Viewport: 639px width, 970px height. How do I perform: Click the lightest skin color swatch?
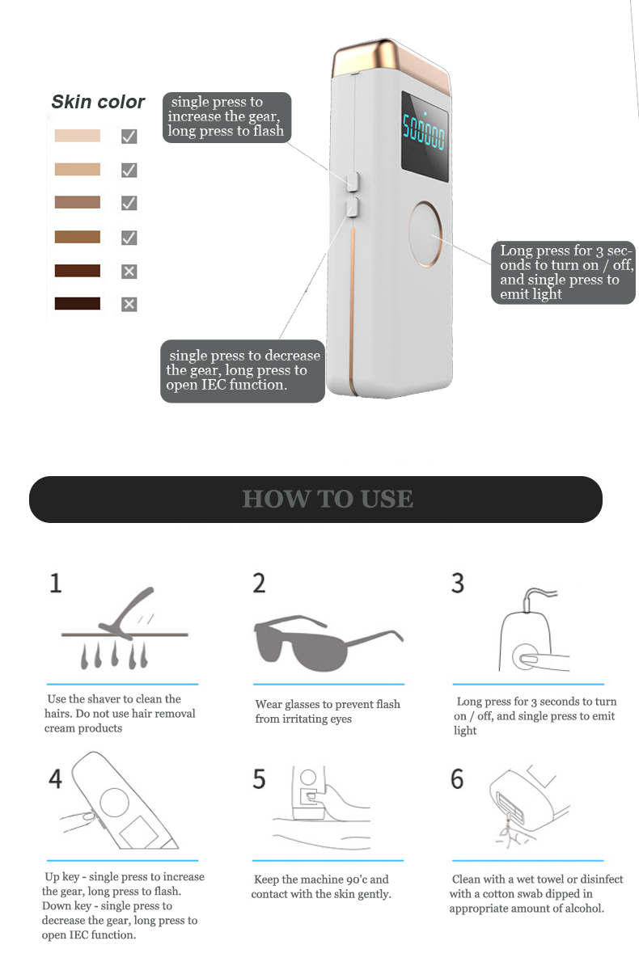point(77,136)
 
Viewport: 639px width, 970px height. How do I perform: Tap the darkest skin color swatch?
point(77,303)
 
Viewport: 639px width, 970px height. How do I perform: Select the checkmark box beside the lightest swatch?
point(129,137)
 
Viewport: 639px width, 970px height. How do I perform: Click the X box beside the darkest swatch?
point(129,304)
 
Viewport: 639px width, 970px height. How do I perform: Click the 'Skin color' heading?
point(98,102)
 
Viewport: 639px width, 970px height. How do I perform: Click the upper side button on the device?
point(353,181)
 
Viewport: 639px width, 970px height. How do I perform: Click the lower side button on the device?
point(353,207)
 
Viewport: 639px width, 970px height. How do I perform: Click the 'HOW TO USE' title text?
point(327,499)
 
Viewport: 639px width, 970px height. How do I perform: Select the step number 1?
point(56,583)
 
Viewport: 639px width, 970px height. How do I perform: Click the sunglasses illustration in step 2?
point(328,643)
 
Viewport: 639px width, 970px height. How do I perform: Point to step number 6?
point(457,778)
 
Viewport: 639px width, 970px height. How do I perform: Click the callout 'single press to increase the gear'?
point(226,117)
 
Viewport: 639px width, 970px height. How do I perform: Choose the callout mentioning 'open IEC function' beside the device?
point(243,371)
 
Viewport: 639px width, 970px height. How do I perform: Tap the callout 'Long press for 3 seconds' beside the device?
point(563,272)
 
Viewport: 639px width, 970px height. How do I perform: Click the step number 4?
point(55,778)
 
